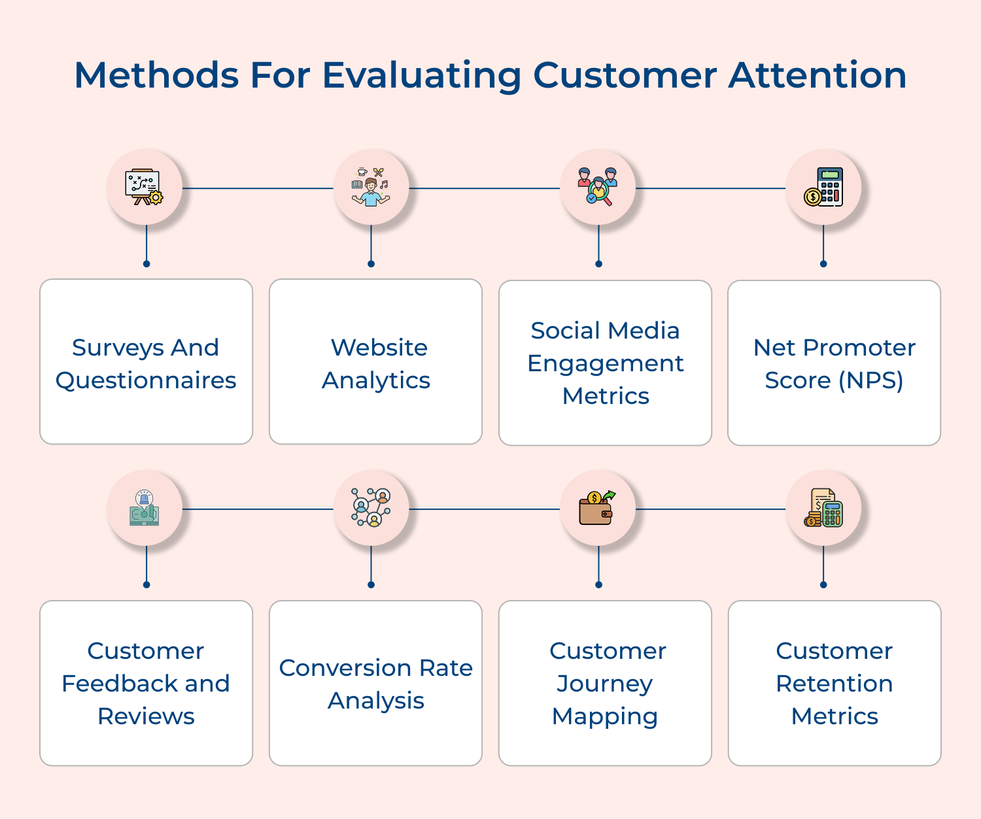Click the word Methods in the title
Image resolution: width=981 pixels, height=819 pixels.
click(x=156, y=75)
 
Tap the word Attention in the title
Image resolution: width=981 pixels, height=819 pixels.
click(x=817, y=75)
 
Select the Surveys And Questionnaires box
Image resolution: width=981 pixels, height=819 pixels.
click(x=146, y=362)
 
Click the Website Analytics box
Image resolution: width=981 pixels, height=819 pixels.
click(x=375, y=362)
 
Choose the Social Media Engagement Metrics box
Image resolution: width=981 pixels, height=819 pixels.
click(x=605, y=363)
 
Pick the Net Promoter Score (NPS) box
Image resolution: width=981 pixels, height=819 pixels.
click(x=834, y=363)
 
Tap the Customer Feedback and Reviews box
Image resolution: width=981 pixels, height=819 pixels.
click(x=146, y=683)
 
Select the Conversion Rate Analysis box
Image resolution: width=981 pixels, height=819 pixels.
click(x=375, y=683)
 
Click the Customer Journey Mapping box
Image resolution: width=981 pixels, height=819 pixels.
click(x=605, y=683)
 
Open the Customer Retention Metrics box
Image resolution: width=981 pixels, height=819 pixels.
click(x=835, y=683)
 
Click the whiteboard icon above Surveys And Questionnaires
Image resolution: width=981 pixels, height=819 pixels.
click(x=145, y=188)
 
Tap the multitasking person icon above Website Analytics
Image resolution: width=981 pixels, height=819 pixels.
click(x=371, y=188)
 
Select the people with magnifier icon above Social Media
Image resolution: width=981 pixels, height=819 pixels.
click(x=598, y=188)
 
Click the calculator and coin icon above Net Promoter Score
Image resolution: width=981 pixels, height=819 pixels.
click(x=823, y=188)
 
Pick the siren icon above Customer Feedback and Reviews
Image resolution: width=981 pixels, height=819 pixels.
click(x=145, y=509)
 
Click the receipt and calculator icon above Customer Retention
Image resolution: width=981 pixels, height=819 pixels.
click(x=823, y=509)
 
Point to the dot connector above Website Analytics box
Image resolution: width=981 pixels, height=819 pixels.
click(x=371, y=264)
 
